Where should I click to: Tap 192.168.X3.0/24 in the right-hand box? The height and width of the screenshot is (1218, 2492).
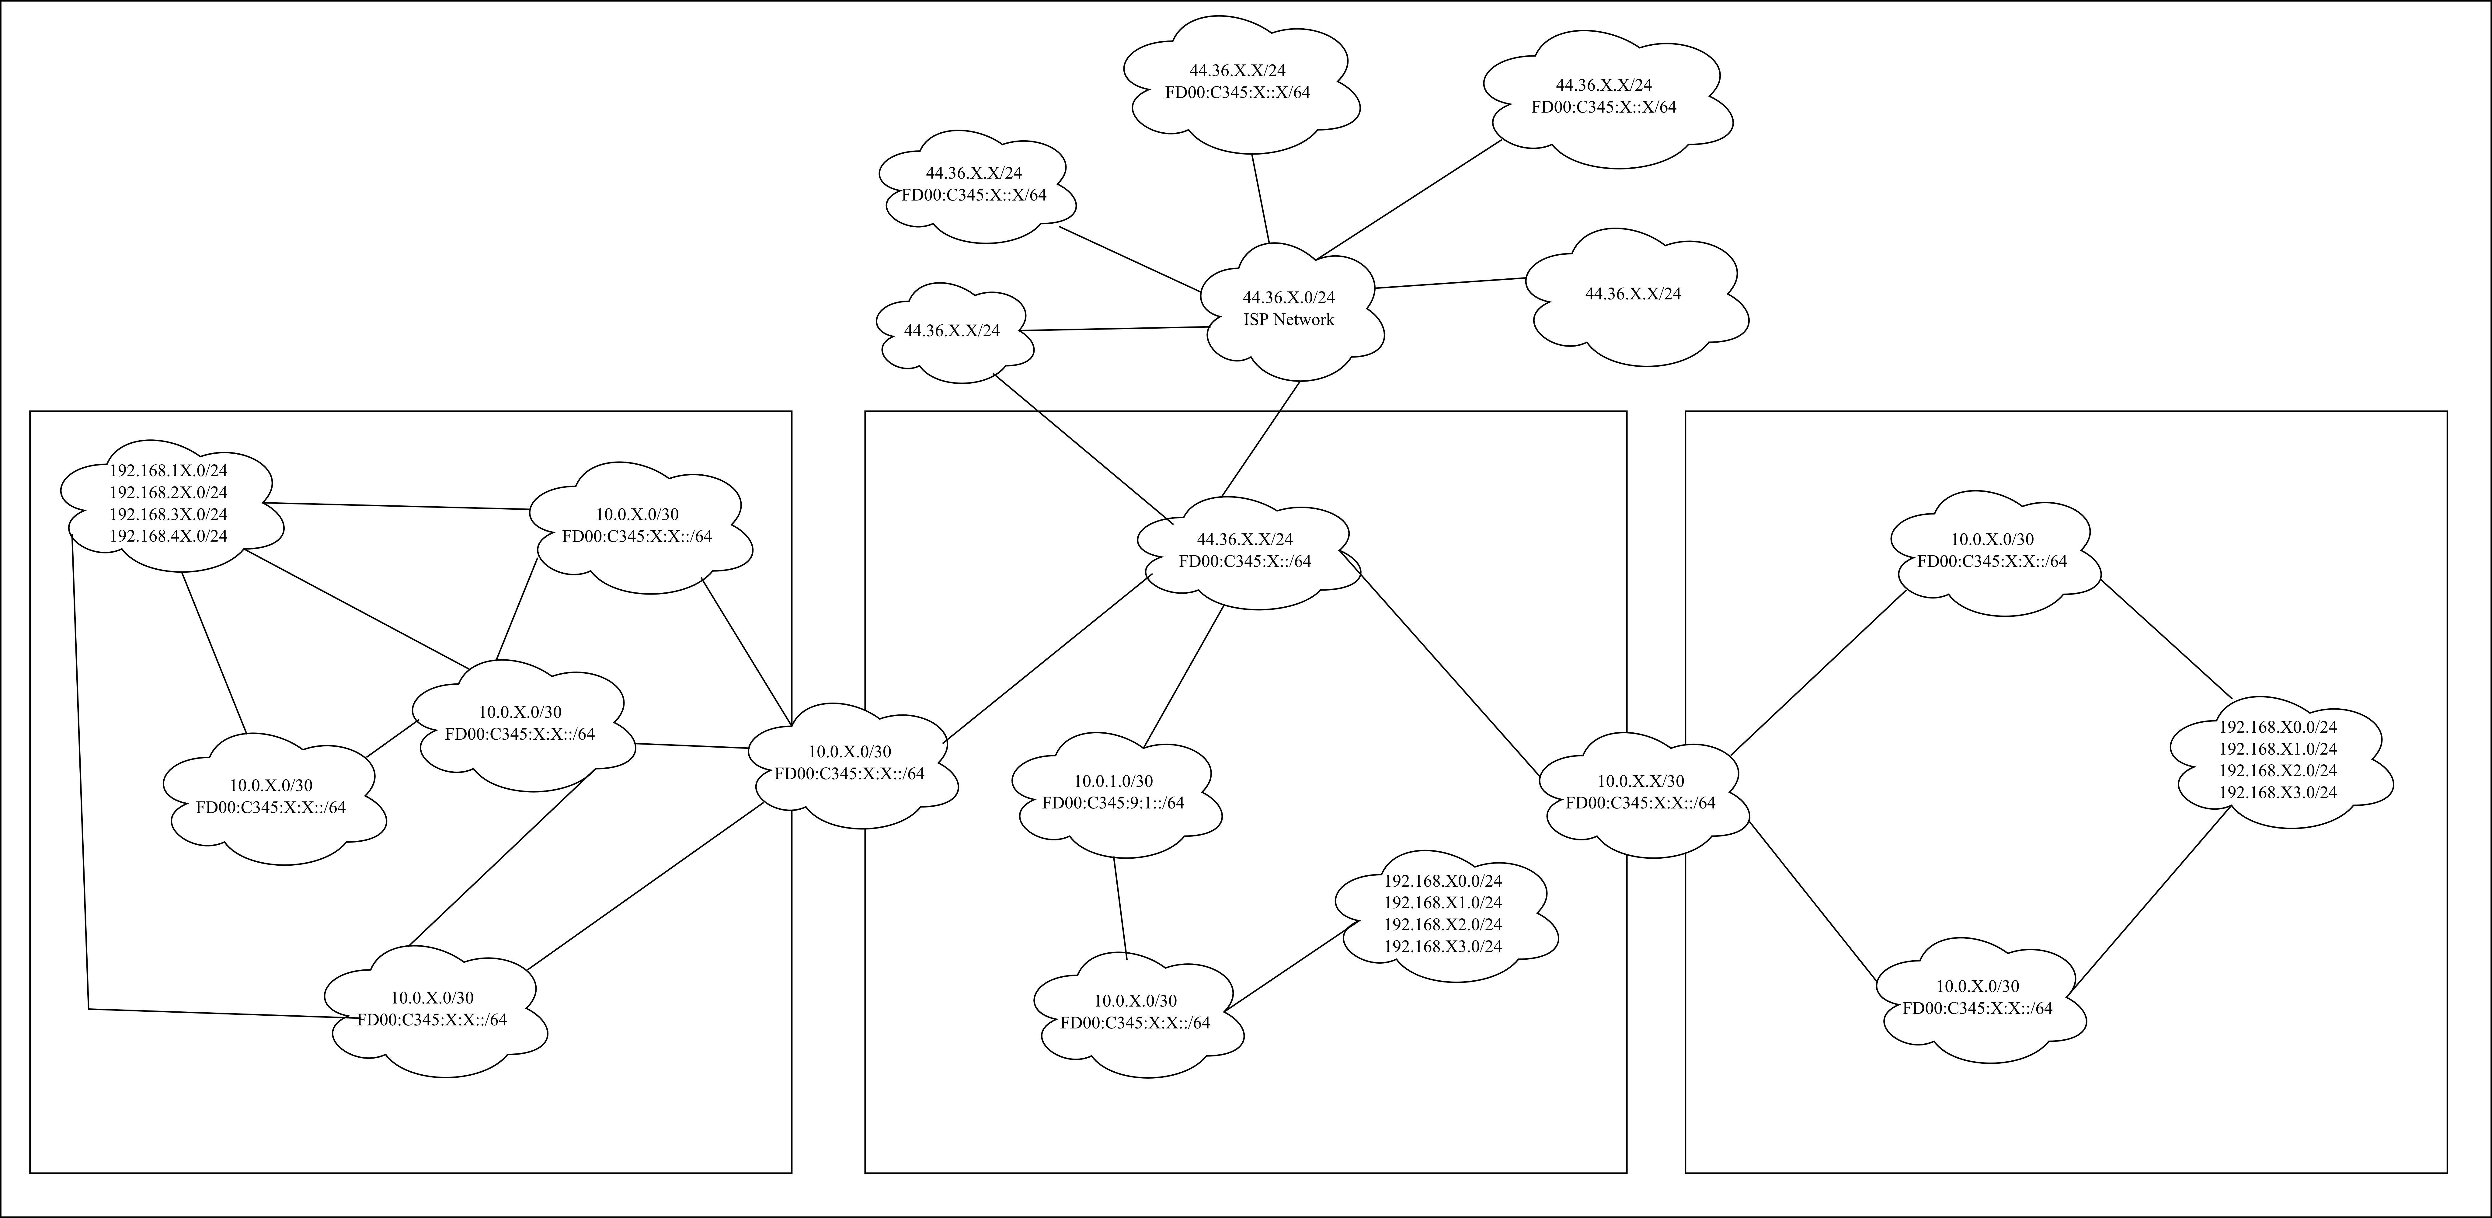click(2277, 792)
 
